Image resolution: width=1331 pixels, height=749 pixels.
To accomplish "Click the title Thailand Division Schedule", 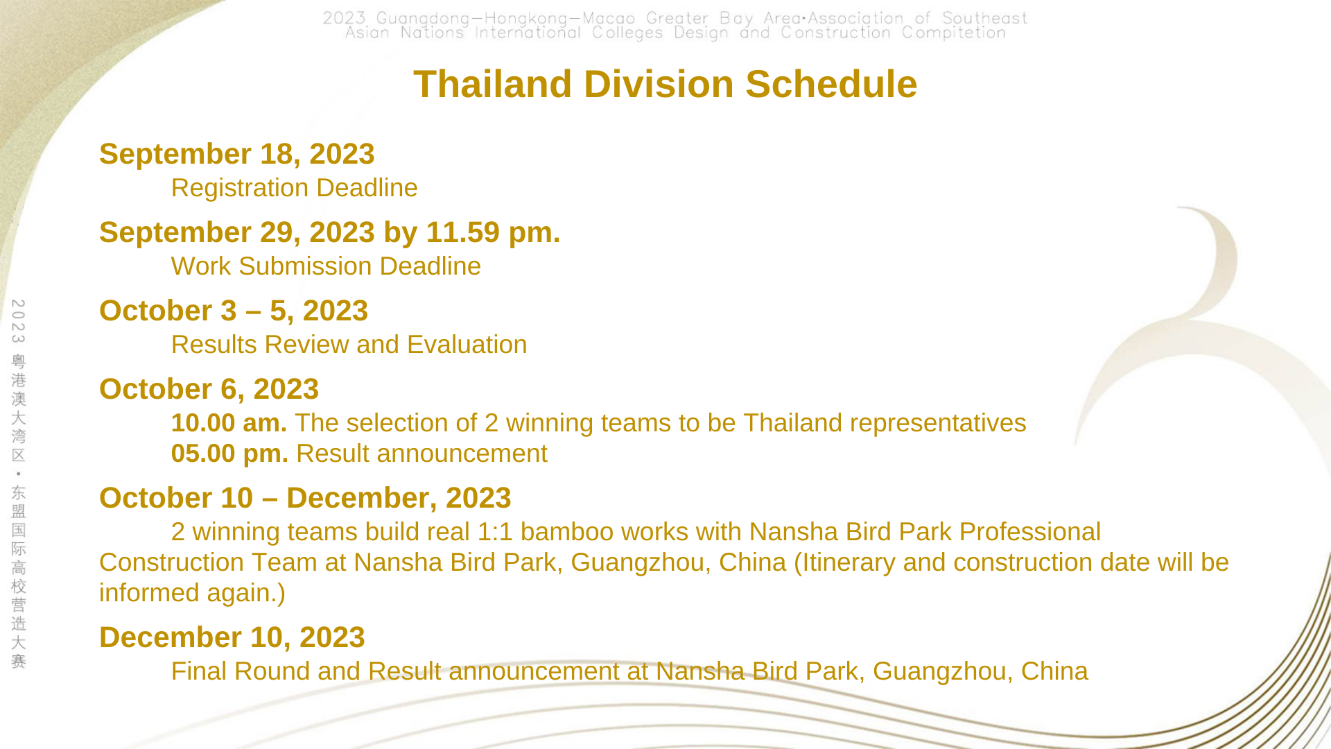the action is tap(665, 84).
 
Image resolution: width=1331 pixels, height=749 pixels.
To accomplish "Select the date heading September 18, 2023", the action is tap(237, 154).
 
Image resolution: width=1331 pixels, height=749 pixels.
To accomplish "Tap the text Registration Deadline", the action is tap(295, 188).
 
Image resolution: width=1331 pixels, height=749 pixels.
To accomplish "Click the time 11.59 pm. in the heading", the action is tap(493, 232).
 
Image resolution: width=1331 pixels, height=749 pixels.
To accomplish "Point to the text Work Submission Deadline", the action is tap(326, 266).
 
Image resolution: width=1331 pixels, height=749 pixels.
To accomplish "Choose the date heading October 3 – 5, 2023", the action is tap(234, 311).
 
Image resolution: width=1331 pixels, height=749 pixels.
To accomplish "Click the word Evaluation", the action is tap(467, 345).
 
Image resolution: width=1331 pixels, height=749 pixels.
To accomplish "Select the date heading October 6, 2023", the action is tap(209, 389).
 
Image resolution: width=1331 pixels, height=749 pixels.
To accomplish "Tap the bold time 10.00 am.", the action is tap(229, 423).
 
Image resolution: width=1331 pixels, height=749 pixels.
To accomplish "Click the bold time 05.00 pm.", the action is tap(229, 454).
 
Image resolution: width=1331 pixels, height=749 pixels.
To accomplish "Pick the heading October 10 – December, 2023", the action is tap(305, 498).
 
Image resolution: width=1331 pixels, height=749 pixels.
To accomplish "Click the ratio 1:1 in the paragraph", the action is tap(495, 532).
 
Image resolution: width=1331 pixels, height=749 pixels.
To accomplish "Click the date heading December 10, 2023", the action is tap(232, 637).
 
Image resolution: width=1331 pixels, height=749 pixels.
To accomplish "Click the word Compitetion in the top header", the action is tap(954, 33).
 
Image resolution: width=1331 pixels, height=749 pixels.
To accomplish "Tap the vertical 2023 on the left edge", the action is tap(19, 321).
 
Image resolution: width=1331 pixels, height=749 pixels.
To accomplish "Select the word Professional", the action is tap(1029, 532).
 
